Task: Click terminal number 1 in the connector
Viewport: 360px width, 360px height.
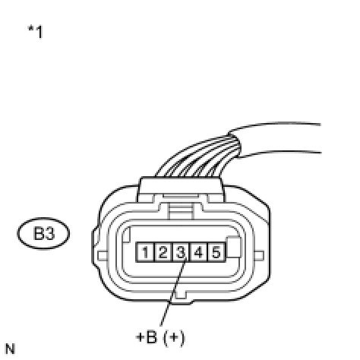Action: [x=145, y=252]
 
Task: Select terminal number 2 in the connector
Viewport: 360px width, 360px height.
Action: [x=163, y=252]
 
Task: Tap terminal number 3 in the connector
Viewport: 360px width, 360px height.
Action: [x=181, y=252]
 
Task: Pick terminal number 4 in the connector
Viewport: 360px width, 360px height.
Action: [x=198, y=252]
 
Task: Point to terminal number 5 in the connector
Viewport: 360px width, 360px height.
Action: [x=216, y=252]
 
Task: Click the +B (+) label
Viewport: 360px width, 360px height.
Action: [x=160, y=337]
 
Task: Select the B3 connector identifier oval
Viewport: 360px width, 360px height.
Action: [x=43, y=233]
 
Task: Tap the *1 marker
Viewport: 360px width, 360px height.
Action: [x=36, y=32]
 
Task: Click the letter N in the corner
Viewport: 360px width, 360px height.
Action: [x=10, y=349]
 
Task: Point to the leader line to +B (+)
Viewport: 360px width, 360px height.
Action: [x=173, y=291]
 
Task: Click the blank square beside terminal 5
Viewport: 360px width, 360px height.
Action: [x=233, y=247]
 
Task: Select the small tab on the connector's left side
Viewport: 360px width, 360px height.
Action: [x=103, y=256]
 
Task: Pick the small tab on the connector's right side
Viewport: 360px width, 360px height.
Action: [x=259, y=256]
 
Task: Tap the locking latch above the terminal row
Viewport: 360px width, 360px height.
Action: [x=181, y=210]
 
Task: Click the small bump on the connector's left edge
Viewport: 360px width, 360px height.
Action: [x=95, y=237]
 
